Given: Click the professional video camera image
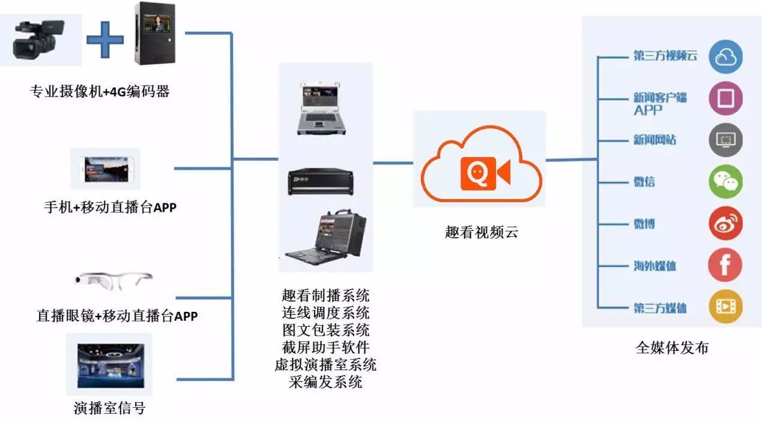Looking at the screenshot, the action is pos(38,40).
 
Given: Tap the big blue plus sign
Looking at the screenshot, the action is pos(105,40).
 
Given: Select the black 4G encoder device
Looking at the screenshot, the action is pos(155,34).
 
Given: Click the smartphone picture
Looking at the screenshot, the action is pos(106,169).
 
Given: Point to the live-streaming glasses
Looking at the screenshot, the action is pos(113,280).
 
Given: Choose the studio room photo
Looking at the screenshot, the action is pos(110,366).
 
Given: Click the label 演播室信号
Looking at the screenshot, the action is pos(109,408).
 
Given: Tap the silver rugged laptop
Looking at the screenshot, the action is pos(321,109).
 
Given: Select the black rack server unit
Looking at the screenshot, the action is pos(321,182).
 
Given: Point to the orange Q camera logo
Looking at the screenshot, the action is pos(485,173).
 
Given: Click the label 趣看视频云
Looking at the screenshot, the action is pos(482,232).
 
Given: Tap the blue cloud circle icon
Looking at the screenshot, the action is pos(725,57).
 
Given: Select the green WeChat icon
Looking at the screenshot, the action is pos(725,182).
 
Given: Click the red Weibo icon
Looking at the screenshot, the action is pos(725,224).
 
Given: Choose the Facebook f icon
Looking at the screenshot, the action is pos(725,265).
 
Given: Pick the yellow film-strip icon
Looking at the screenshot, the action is pos(725,306).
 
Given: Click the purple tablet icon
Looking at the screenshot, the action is pos(725,98).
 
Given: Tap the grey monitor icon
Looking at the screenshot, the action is pos(725,140).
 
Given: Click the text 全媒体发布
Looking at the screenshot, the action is pos(672,348).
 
